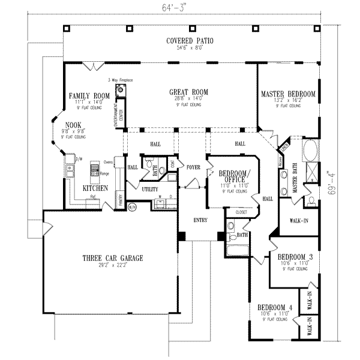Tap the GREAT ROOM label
coord(188,92)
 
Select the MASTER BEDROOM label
coord(288,94)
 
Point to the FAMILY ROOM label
coord(89,96)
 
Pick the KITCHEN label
coord(95,188)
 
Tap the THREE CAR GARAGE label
coord(113,259)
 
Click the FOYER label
coord(193,167)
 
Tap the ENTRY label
coord(200,220)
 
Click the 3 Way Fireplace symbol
coord(122,89)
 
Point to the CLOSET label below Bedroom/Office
coord(241,212)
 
